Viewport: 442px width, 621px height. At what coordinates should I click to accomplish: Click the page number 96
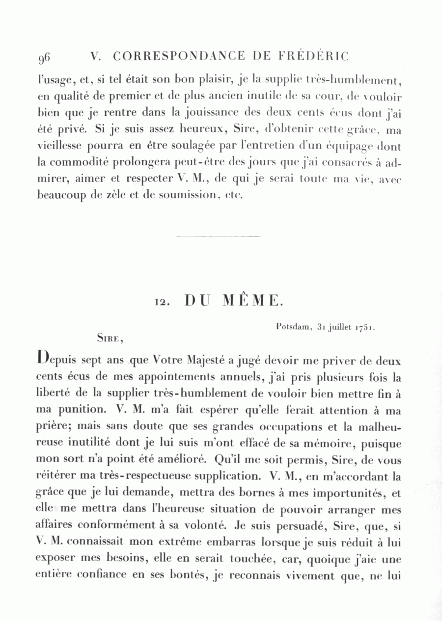point(44,58)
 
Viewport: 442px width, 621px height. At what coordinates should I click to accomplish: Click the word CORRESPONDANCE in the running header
point(179,56)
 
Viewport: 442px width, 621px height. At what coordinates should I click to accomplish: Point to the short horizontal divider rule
point(218,236)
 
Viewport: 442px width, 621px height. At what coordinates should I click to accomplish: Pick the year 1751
point(364,326)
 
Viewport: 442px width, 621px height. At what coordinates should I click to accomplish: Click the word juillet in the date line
point(336,326)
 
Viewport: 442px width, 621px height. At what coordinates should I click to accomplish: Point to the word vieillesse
point(61,147)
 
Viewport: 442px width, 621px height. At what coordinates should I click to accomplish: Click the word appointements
point(171,378)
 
